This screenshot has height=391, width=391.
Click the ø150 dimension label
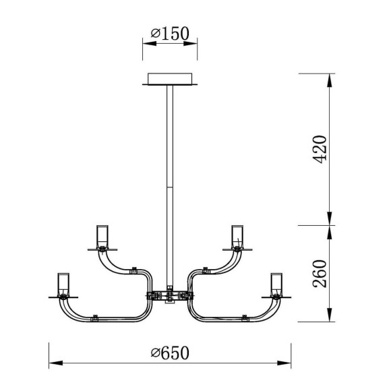[170, 34]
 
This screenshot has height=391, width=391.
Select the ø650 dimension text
[170, 353]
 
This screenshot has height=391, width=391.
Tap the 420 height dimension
[320, 150]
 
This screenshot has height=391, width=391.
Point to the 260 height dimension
[320, 274]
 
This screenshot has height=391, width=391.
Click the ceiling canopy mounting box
[170, 79]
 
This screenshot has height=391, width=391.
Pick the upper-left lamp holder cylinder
[102, 237]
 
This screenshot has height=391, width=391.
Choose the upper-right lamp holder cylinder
[237, 237]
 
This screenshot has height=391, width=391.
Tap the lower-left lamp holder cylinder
[63, 284]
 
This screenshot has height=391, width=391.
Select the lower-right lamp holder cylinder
[276, 284]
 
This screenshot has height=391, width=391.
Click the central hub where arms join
[170, 296]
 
